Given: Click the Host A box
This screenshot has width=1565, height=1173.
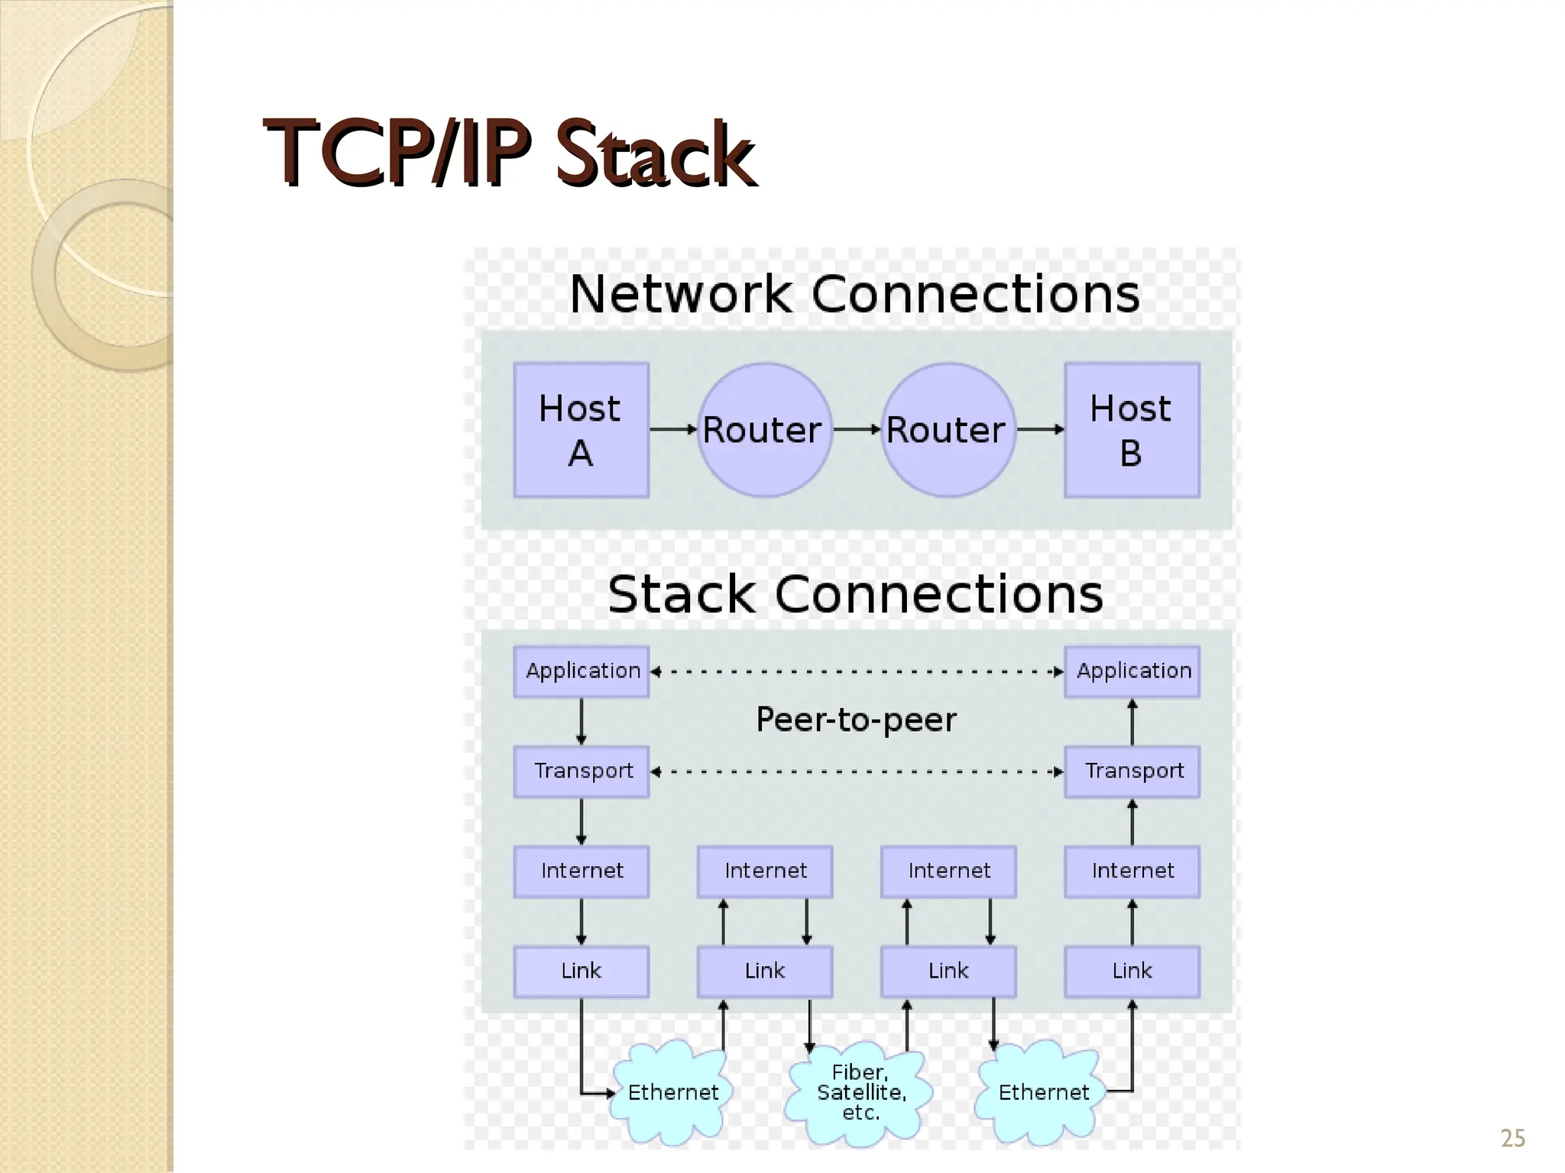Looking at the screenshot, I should (x=581, y=430).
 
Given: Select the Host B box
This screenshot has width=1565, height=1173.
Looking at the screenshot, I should (x=1132, y=430).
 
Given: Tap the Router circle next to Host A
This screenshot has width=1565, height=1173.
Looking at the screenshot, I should (x=764, y=430).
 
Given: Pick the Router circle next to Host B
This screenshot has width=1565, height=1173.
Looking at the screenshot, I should (x=948, y=430).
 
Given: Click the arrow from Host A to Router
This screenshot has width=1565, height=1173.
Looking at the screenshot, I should (x=673, y=430).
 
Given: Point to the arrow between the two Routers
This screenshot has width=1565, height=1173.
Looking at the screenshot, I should (x=857, y=430).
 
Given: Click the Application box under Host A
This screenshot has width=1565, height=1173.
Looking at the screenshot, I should (x=582, y=671).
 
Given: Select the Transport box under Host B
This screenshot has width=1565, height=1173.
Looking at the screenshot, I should (x=1132, y=771).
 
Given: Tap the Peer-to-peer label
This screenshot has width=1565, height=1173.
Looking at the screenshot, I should (x=856, y=719).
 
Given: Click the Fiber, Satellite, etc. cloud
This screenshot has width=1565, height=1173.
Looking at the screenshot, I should (x=860, y=1093).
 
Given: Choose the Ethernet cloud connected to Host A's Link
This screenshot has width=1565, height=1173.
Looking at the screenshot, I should (x=672, y=1093).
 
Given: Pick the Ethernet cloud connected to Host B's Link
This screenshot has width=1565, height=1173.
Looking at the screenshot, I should (x=1042, y=1093).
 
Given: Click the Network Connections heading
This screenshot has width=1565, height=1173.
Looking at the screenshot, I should (x=854, y=294).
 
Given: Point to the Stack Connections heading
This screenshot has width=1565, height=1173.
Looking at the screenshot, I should (x=855, y=594).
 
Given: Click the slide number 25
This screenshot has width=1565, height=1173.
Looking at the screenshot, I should (x=1512, y=1139).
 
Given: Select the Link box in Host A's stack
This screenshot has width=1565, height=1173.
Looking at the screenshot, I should (x=582, y=971).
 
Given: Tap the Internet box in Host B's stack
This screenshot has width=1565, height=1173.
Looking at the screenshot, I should (x=1132, y=871).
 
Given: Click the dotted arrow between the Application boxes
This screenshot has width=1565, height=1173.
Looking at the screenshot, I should (x=857, y=672).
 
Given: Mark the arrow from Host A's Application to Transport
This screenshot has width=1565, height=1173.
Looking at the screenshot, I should (x=582, y=722).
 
